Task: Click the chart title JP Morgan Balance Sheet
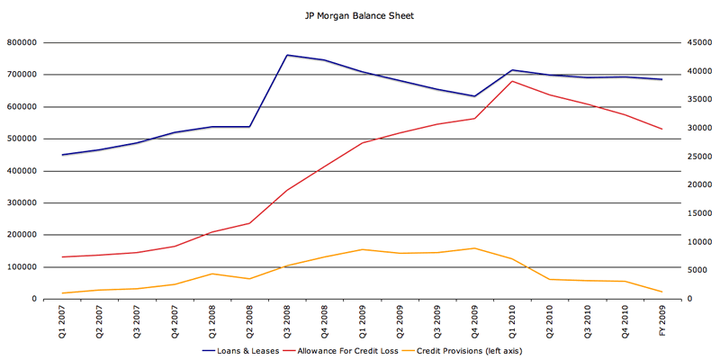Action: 359,16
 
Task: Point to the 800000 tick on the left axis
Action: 22,42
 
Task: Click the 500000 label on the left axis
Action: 22,139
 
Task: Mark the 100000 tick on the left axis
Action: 22,267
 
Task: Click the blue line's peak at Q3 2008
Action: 286,55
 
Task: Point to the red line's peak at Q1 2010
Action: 511,81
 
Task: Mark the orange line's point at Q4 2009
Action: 473,248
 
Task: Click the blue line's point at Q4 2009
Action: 473,96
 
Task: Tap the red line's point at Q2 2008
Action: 249,223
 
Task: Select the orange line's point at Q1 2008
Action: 211,274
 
